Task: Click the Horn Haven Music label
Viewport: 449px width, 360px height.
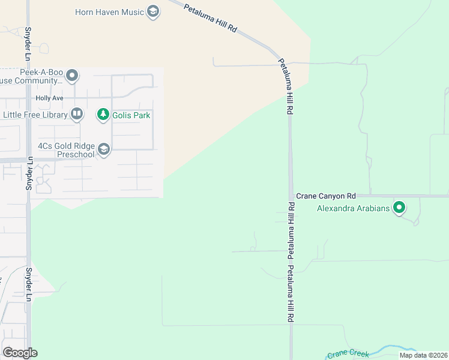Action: point(110,12)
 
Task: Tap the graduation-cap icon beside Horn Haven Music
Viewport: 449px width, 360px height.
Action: point(154,12)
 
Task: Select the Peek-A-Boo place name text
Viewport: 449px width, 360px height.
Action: point(41,72)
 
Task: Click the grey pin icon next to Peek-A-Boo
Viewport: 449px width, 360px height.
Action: point(73,76)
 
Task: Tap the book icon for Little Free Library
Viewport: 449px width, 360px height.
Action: point(76,113)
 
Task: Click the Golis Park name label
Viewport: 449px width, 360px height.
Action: point(131,115)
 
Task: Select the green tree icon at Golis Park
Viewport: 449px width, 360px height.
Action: point(103,114)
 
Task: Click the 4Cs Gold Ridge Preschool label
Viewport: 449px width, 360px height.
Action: point(66,150)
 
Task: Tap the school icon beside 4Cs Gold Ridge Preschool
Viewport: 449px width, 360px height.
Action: point(104,149)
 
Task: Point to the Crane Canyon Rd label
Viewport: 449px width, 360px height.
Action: point(326,196)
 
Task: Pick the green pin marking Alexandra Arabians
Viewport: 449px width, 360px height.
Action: point(399,209)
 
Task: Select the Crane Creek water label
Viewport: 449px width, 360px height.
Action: point(348,354)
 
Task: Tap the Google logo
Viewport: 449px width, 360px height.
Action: point(20,353)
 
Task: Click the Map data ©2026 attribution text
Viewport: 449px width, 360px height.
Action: point(423,355)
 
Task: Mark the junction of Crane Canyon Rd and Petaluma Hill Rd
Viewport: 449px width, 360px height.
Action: point(291,196)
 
